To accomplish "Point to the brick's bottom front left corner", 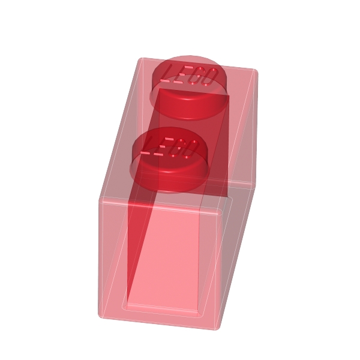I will click(x=100, y=314).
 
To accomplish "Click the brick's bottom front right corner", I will click(x=216, y=328).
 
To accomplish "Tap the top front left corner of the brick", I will click(x=101, y=197).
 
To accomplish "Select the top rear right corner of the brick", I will click(x=256, y=71).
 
